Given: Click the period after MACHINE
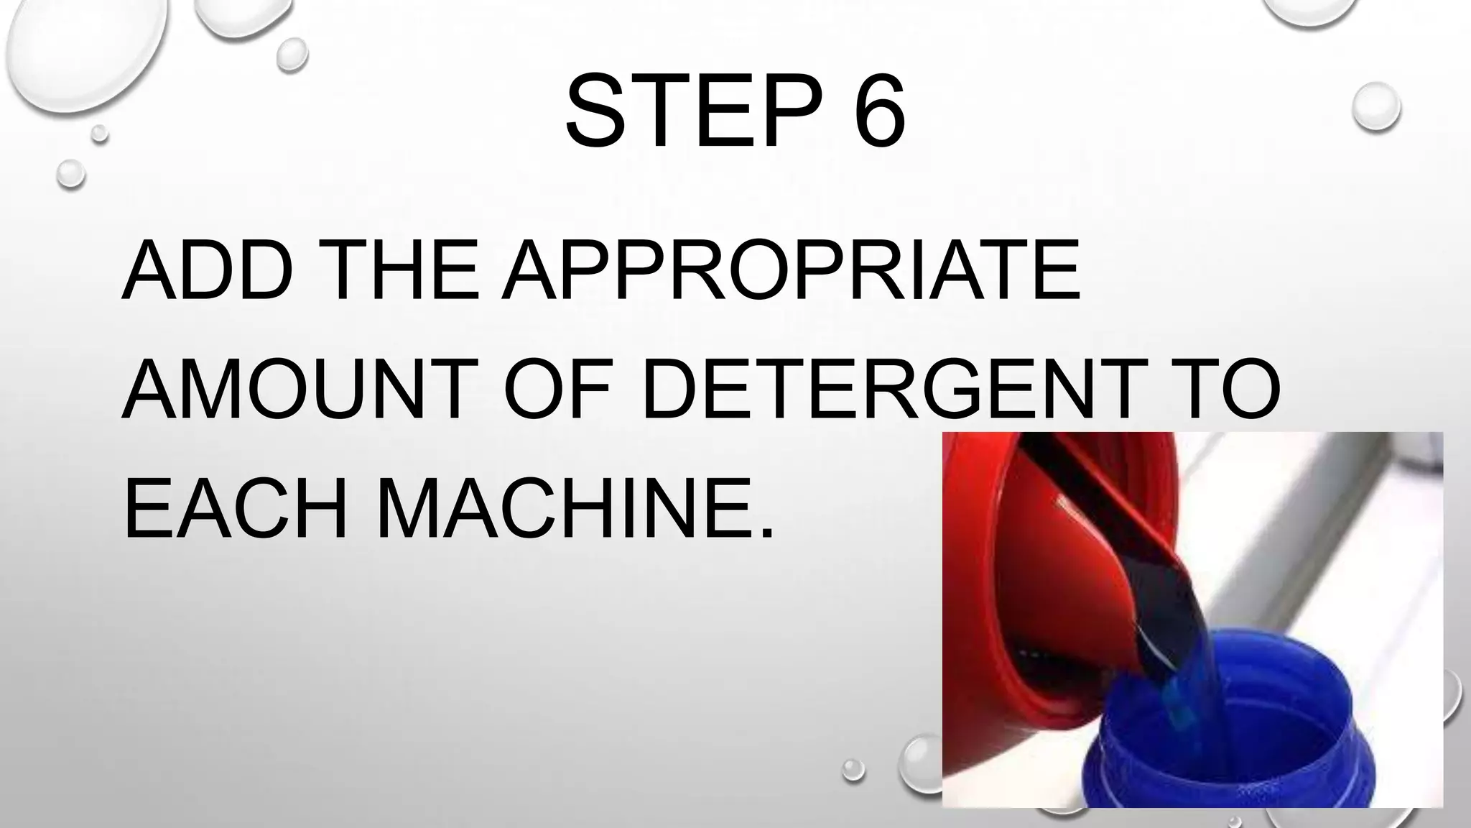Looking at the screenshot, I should click(767, 532).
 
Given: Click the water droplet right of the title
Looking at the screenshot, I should click(1375, 108).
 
